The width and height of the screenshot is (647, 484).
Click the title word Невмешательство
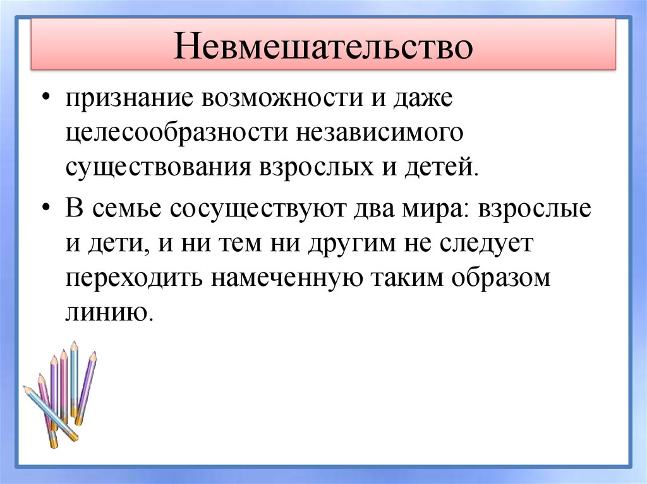pos(323,49)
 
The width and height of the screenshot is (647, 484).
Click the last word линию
pos(108,312)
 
